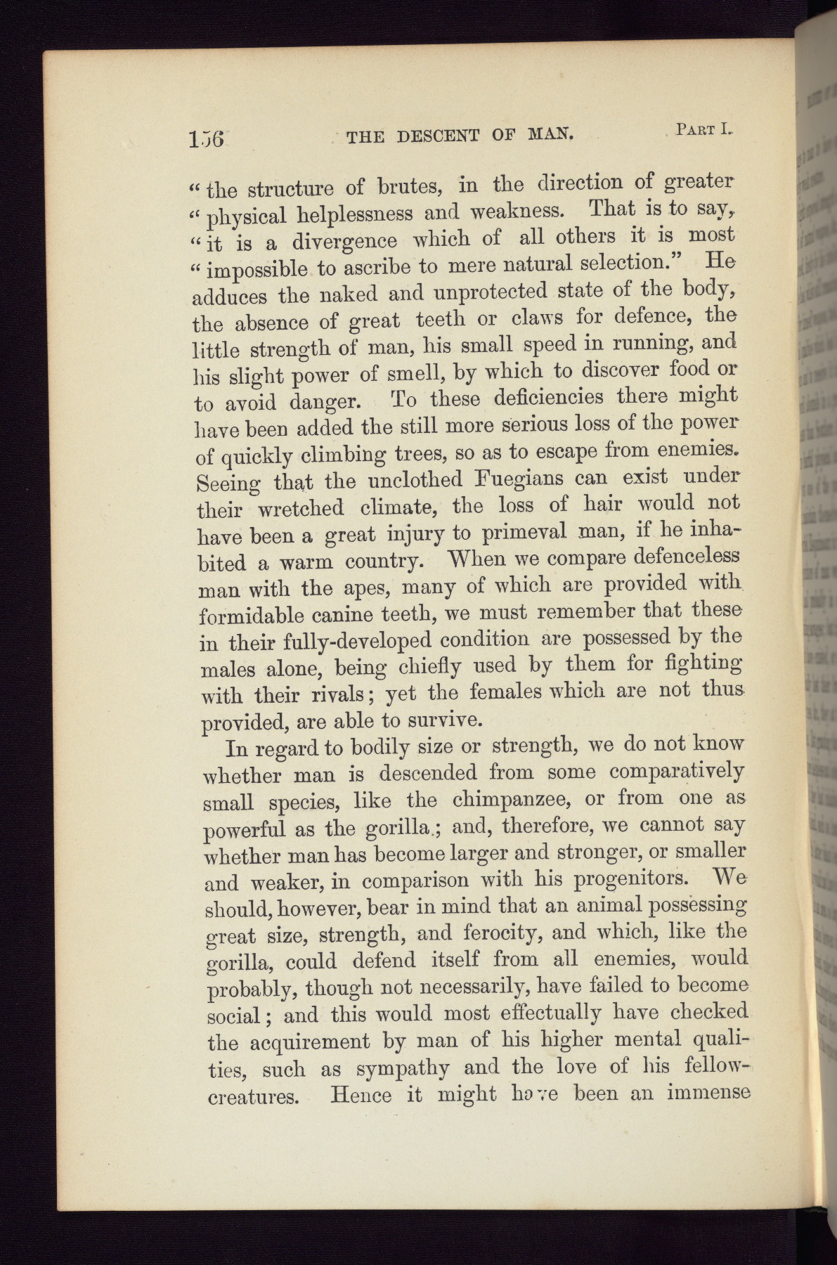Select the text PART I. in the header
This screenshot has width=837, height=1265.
(703, 129)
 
